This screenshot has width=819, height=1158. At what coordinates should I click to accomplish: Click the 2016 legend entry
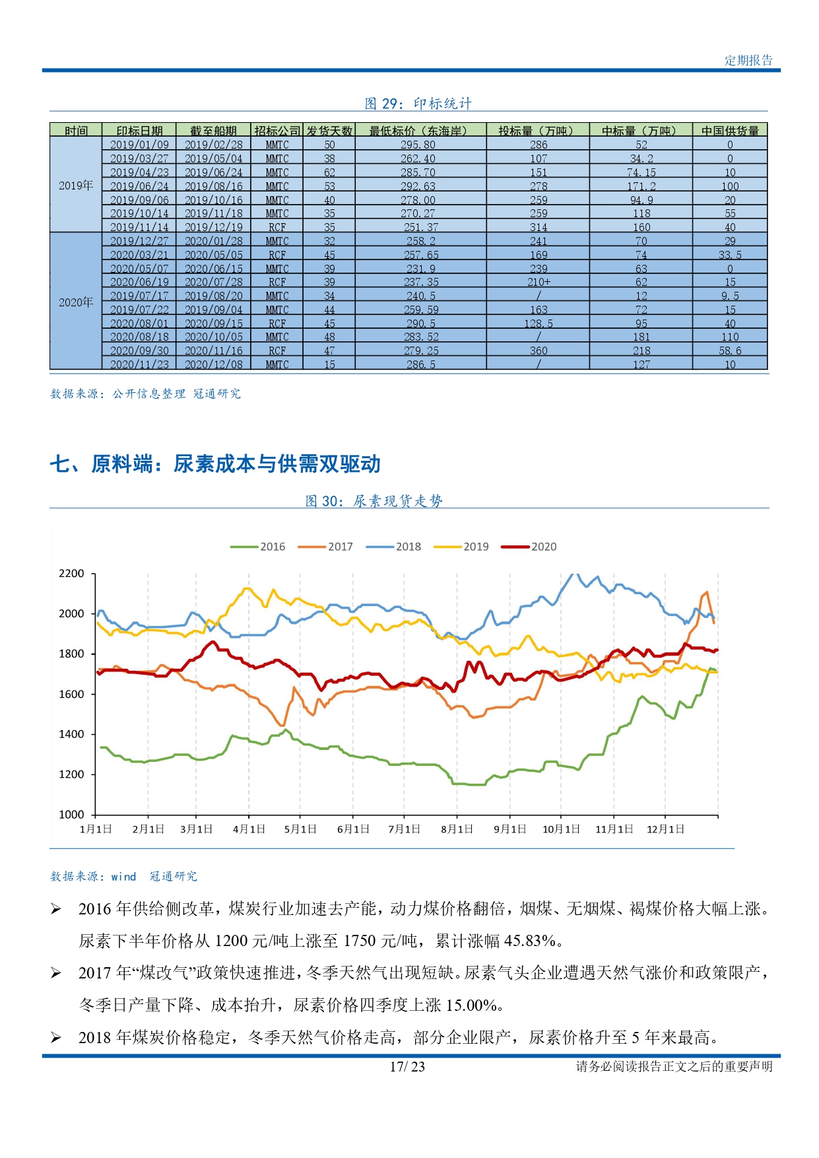257,547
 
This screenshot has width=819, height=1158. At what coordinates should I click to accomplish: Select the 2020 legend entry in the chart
529,547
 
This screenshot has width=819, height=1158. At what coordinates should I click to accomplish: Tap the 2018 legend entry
393,547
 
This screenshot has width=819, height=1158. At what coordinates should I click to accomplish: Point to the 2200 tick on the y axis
72,573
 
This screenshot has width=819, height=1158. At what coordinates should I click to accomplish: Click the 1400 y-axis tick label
72,734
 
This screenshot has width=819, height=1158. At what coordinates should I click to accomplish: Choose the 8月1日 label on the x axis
457,829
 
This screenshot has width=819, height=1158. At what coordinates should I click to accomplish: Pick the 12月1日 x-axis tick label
665,829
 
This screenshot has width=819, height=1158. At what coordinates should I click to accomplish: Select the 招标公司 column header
277,131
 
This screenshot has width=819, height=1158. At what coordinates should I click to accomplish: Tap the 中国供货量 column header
730,131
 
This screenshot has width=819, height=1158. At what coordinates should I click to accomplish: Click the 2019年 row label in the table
76,186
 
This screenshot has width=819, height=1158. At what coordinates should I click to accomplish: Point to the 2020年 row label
76,302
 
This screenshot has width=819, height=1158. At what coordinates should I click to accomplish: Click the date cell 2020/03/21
139,255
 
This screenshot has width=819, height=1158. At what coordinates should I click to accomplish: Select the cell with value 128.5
539,324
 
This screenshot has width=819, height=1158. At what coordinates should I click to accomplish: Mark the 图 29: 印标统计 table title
418,104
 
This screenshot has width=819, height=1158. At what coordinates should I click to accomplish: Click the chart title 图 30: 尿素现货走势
374,501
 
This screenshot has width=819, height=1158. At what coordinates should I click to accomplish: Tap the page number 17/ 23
407,1066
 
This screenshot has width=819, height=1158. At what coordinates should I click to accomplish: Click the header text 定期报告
748,60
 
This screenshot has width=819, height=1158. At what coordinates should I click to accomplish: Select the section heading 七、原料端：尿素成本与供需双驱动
215,464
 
